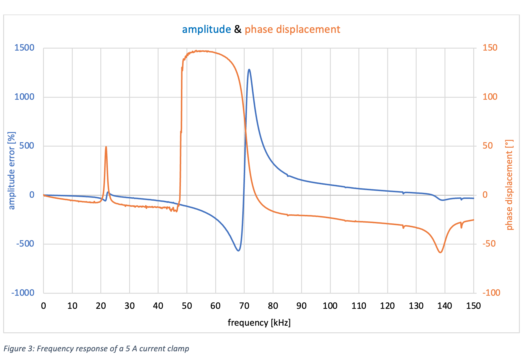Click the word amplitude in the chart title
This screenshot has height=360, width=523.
click(x=206, y=29)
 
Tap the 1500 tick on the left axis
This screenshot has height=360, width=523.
click(x=24, y=48)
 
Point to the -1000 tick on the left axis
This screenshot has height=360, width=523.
click(x=23, y=293)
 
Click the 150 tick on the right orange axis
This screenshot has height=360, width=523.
click(x=490, y=48)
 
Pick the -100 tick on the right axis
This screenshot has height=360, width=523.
click(x=491, y=293)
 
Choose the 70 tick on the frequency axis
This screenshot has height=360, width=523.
click(x=244, y=306)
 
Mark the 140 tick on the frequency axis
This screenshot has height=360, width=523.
click(x=445, y=306)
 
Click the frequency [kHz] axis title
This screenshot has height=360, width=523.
click(x=259, y=323)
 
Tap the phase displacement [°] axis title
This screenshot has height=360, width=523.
click(x=509, y=185)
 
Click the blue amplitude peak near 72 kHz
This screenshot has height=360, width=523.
click(x=249, y=69)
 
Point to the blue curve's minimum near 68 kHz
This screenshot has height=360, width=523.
click(x=239, y=251)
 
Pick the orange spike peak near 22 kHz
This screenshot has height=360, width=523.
click(x=106, y=147)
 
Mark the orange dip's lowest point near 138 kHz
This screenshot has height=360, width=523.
click(x=440, y=252)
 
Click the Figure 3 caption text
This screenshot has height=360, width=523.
click(x=96, y=348)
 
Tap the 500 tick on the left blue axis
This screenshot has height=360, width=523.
click(x=27, y=146)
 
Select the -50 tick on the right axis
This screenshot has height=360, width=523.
click(x=489, y=244)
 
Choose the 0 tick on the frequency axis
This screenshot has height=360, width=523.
click(x=44, y=306)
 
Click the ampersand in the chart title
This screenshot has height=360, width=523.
click(x=238, y=29)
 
